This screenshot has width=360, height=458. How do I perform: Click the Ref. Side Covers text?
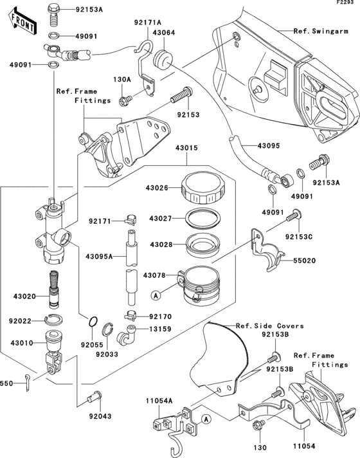(x=269, y=325)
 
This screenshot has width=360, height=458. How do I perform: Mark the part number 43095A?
(x=100, y=257)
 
